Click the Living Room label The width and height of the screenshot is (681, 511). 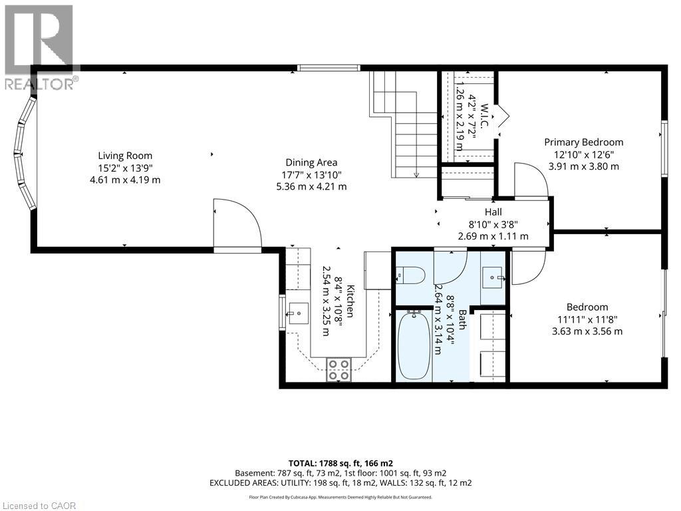(126, 156)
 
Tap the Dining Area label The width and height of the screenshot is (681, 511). (311, 162)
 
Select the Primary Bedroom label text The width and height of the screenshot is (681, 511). (583, 142)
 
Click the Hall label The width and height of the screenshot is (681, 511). (492, 212)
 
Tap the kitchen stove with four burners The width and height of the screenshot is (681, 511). (339, 369)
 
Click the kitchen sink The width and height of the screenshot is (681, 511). (298, 311)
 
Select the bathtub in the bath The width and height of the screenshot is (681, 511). (414, 345)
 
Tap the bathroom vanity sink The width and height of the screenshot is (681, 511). (493, 275)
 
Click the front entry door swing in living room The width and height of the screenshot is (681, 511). (237, 225)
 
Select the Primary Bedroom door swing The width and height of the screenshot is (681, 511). (531, 182)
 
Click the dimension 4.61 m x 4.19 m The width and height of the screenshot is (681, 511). (126, 180)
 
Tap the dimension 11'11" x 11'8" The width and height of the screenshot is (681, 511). (587, 319)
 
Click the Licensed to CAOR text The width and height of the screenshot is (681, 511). (39, 505)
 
